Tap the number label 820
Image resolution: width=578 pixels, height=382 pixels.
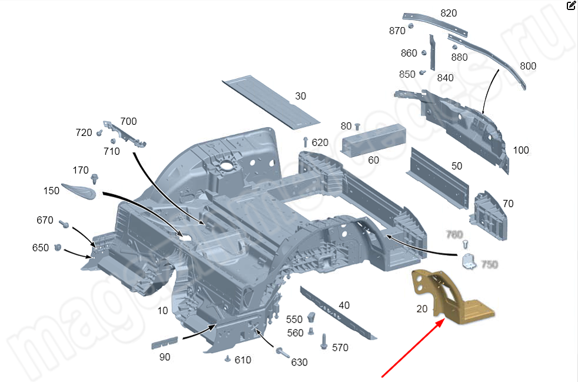pos(449,13)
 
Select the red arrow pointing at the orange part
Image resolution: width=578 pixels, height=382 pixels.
pos(412,348)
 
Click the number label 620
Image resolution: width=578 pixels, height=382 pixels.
pos(320,142)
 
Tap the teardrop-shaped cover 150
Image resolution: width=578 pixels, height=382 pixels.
pos(79,190)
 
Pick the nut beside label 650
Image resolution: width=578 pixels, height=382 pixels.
pos(58,248)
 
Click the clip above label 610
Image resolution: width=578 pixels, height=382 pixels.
pos(228,358)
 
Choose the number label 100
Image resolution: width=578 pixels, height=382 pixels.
pos(521,150)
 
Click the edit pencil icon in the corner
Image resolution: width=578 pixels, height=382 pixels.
pos(571,6)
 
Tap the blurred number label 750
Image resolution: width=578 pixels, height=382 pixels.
pos(490,264)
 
